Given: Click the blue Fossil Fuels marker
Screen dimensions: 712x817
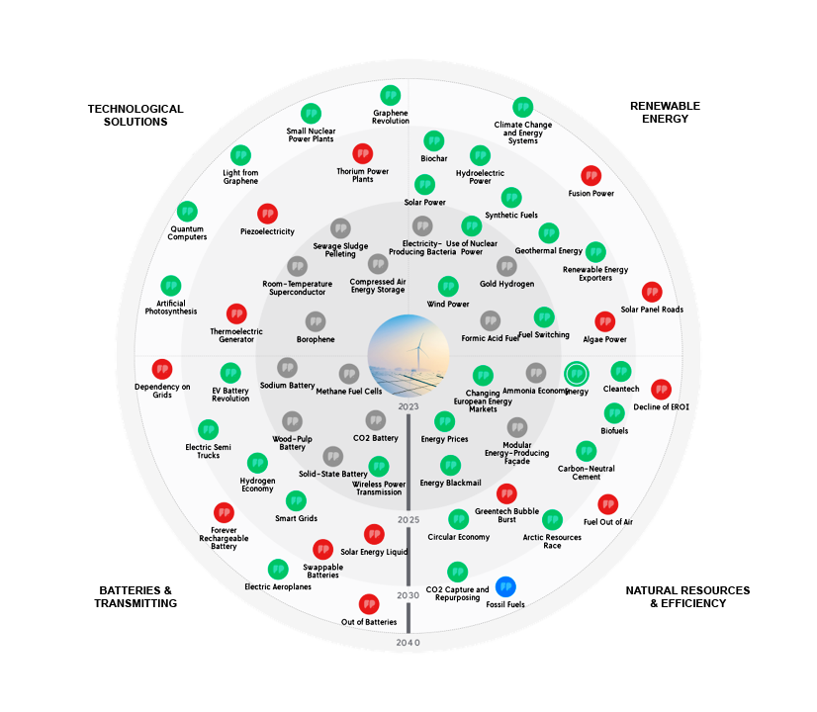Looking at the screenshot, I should pos(505,586).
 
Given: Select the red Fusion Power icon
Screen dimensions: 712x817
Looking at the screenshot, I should pos(591,176).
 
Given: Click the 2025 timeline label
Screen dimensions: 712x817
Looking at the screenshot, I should pos(408,519).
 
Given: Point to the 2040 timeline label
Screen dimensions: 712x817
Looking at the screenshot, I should pos(408,643).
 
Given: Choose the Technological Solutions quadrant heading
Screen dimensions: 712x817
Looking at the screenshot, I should pos(135,115).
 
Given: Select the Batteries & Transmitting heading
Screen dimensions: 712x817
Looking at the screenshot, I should pos(137,596).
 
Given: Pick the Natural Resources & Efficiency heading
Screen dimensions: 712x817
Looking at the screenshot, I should pos(687,596).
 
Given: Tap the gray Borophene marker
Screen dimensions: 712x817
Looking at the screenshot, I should pos(316,322).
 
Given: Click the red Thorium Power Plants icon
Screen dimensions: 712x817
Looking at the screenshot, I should pos(362,154).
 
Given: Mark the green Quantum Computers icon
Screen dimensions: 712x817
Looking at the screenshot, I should pos(187,212).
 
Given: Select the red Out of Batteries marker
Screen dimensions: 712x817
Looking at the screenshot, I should pos(369,604).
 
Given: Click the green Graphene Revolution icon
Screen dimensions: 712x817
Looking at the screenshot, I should pos(390,95).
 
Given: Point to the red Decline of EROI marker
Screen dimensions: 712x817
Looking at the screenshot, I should pos(661,390).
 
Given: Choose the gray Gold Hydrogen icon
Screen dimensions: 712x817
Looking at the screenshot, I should pos(506,267).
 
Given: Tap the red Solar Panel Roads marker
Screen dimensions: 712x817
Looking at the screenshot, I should pos(652,293).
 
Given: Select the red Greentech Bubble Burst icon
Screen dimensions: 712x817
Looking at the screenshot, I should pos(506,493).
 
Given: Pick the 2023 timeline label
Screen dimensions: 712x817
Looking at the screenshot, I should pos(408,406).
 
